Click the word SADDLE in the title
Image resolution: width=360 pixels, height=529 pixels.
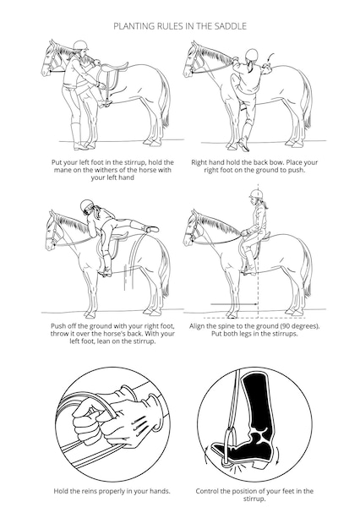232,26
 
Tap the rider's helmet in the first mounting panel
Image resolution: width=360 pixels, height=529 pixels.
80,45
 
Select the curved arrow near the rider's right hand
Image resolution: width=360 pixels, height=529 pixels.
271,57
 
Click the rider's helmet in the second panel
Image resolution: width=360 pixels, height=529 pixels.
252,55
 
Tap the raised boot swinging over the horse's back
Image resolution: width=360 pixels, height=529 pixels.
151,229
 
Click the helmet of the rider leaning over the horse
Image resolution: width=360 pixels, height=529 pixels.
86,205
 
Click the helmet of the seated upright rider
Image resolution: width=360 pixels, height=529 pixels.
256,194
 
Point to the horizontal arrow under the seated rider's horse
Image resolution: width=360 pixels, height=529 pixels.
234,305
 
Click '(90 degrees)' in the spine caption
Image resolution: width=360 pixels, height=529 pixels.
300,326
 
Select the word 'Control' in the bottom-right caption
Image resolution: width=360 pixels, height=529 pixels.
207,491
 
